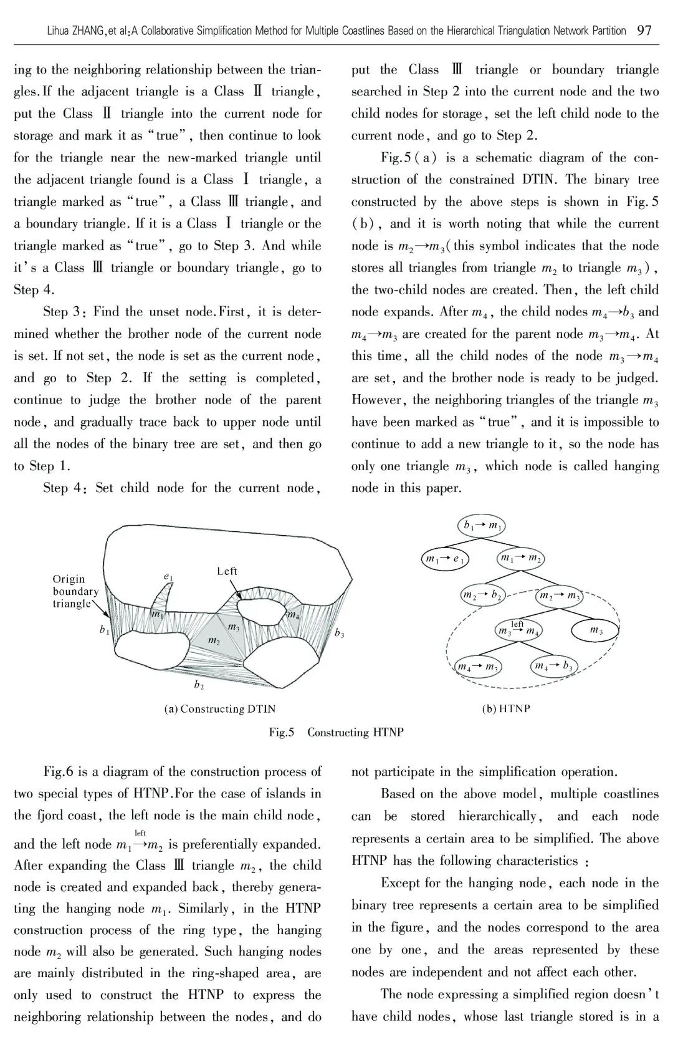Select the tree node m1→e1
point(445,559)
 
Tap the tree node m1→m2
point(520,558)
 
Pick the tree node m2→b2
point(482,594)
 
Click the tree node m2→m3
point(559,596)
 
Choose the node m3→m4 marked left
point(518,630)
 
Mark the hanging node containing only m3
point(596,630)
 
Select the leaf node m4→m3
point(479,667)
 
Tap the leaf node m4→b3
point(554,667)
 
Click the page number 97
point(644,31)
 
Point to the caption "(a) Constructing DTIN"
point(219,709)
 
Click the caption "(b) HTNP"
point(505,709)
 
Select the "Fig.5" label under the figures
point(281,732)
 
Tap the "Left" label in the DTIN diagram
point(227,571)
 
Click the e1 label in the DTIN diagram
point(168,577)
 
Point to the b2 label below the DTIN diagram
point(199,685)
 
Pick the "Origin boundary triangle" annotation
point(75,591)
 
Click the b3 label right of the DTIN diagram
point(339,634)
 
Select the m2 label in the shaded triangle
point(213,640)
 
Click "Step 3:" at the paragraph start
point(67,312)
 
